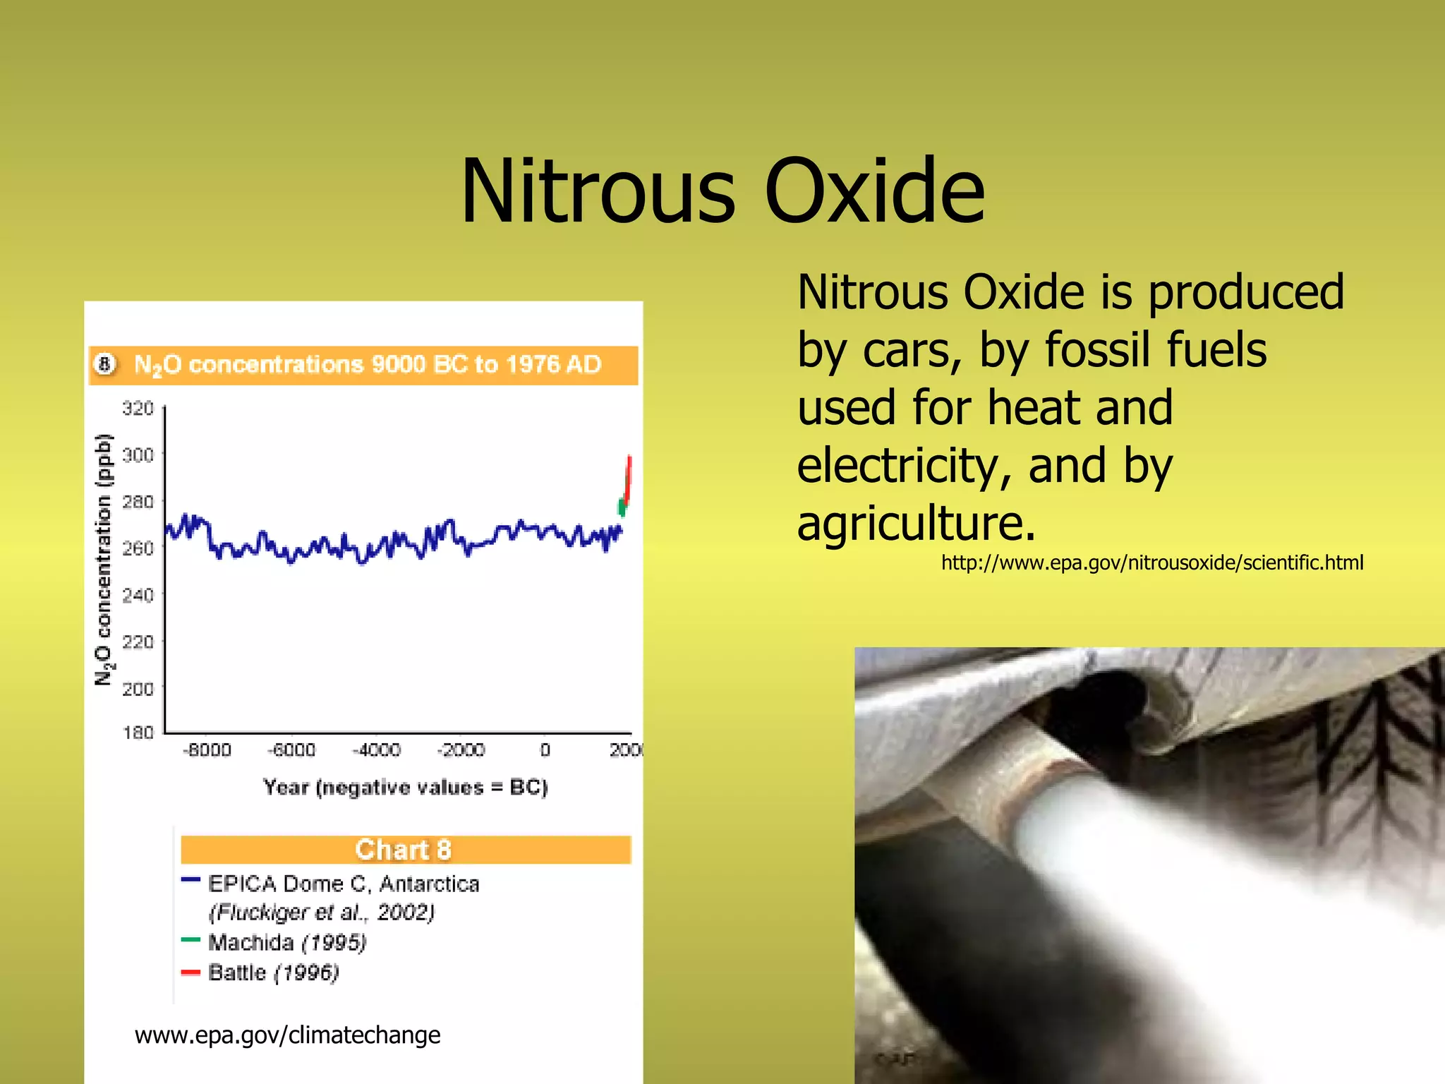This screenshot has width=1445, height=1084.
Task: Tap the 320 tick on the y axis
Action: pos(138,409)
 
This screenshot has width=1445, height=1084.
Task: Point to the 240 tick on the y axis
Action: pos(138,595)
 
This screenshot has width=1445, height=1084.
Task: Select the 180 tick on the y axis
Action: pos(138,733)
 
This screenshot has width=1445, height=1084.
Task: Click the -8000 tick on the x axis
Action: pos(207,750)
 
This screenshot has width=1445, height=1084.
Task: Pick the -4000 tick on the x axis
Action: pos(376,750)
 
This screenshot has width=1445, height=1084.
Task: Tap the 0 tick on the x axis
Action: pos(545,750)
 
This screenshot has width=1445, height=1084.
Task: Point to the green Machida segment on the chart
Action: pos(622,507)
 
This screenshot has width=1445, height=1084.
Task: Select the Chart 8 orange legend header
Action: pos(404,850)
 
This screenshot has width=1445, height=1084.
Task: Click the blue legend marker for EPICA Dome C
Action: pos(191,880)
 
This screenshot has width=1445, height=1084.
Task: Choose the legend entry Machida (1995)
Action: pos(287,943)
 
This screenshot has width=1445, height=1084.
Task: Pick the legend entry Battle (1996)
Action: pos(274,973)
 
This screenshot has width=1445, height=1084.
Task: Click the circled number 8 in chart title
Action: pos(105,364)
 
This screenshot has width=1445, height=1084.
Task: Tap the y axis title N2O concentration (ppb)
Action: pos(104,559)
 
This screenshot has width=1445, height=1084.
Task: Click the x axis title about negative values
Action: pos(405,788)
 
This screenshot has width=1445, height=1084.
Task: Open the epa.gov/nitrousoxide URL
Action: pos(1151,562)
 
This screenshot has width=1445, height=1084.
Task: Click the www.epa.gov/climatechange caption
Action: pos(287,1035)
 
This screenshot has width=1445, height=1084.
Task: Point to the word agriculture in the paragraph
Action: pos(916,523)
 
